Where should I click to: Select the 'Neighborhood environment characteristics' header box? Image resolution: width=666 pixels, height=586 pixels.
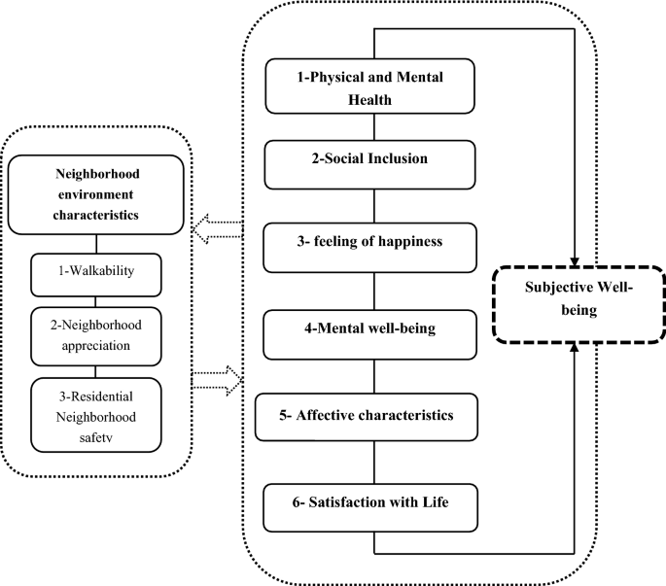[x=95, y=194]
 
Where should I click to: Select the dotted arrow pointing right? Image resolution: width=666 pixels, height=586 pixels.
[x=216, y=377]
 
